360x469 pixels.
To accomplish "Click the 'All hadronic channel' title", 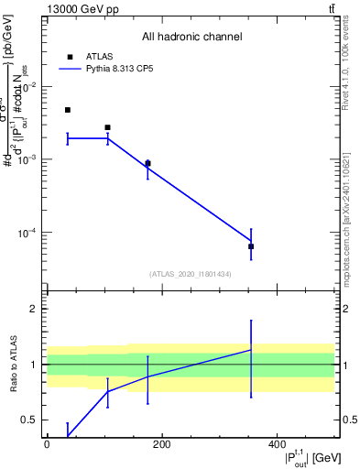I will (x=191, y=37).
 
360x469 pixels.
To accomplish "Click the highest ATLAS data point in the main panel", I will (x=68, y=110).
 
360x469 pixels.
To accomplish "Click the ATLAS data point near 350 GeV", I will (x=251, y=246).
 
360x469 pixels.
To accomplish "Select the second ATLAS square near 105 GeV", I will (x=107, y=127).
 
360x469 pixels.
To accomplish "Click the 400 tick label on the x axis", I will (x=277, y=445).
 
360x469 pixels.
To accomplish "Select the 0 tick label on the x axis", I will (x=47, y=445).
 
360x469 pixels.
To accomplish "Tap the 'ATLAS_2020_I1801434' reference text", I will (x=191, y=274).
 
